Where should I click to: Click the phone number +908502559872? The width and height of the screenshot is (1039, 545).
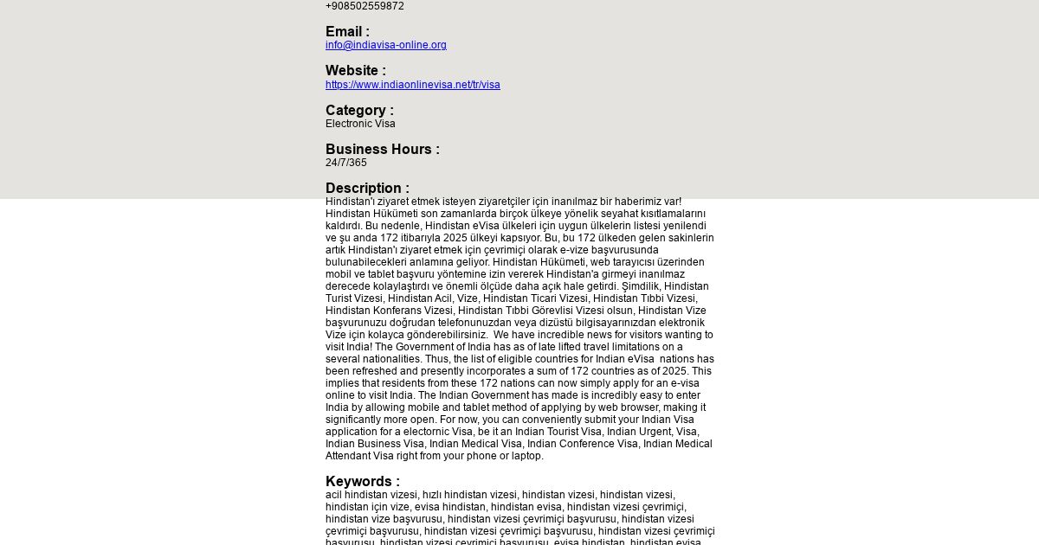tap(365, 6)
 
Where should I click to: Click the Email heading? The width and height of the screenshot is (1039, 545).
tap(347, 32)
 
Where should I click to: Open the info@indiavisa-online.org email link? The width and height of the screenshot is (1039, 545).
tap(386, 45)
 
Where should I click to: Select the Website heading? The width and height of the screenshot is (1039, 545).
tap(356, 71)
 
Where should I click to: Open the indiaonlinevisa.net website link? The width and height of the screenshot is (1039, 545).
tap(413, 85)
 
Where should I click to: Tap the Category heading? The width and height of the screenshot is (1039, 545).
tap(359, 111)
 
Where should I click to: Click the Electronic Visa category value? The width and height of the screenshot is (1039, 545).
tap(360, 124)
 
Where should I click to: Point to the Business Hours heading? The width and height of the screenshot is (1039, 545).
tap(383, 150)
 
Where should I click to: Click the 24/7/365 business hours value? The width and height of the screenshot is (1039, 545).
tap(346, 163)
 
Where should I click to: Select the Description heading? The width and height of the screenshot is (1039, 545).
tap(367, 189)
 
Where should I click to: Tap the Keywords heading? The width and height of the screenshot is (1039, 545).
tap(363, 482)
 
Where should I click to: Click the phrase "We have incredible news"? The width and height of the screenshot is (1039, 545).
tap(553, 335)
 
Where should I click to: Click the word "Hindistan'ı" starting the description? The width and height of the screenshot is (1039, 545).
tap(350, 202)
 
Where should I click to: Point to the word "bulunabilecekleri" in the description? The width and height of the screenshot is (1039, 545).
tap(365, 262)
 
